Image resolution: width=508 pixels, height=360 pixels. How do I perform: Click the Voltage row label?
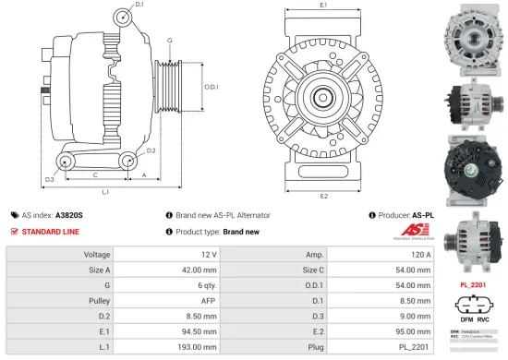coord(98,254)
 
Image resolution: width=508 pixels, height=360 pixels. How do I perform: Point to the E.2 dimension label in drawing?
coord(323,196)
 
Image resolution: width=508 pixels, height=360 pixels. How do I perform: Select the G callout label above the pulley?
coord(169,41)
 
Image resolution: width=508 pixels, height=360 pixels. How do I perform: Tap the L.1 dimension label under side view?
coord(106,192)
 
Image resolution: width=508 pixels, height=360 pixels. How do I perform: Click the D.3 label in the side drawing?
coord(50,177)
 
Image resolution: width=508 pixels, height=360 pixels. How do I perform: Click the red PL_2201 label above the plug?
coord(473,285)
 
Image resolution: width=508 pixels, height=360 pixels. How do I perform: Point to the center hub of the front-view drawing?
coord(323,96)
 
